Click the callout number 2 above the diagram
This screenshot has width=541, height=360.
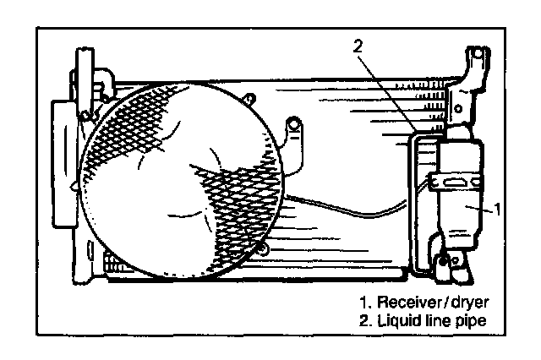point(358,46)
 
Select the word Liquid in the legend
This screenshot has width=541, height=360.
point(397,321)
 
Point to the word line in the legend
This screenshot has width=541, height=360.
point(434,321)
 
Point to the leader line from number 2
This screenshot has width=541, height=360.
point(385,88)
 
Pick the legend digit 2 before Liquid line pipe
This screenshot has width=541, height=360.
point(363,321)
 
